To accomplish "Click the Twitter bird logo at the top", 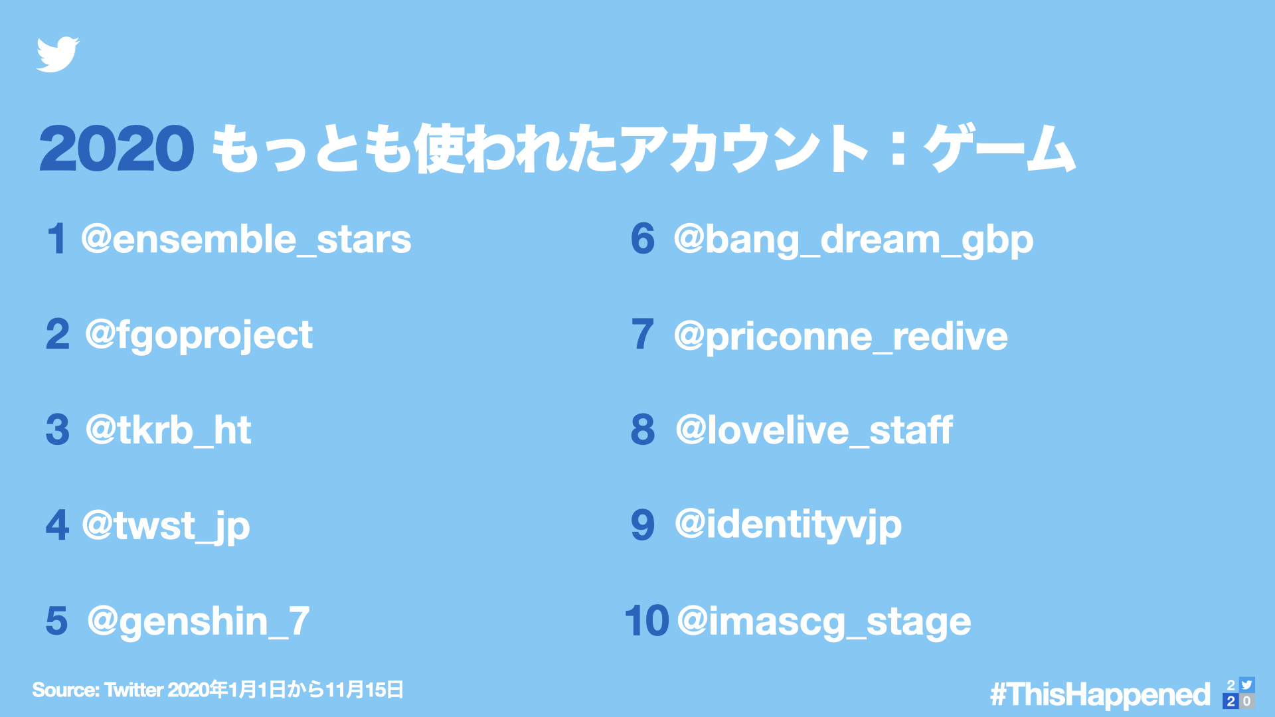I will coord(58,54).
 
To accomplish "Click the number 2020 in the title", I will coord(117,149).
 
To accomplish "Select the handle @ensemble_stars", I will coord(246,240).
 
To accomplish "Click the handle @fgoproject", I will coord(199,335).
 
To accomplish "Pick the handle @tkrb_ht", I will coord(168,430).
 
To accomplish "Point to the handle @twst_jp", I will coord(165,526).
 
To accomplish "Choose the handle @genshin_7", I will coord(198,621).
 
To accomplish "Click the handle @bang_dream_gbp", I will coord(853,240).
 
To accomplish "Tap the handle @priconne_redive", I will coord(841,336).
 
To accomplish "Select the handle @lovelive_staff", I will coord(813,430).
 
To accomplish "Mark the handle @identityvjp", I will coord(788,525).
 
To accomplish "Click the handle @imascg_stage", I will coord(824,622).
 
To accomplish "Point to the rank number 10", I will coord(646,621).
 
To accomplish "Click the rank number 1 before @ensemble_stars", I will coord(56,239).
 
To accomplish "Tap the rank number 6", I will coord(642,239).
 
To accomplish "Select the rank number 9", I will coord(642,525).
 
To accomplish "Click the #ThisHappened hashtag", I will coord(1100,694).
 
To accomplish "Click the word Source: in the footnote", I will coord(66,690).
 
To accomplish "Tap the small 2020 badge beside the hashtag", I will coord(1238,693).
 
